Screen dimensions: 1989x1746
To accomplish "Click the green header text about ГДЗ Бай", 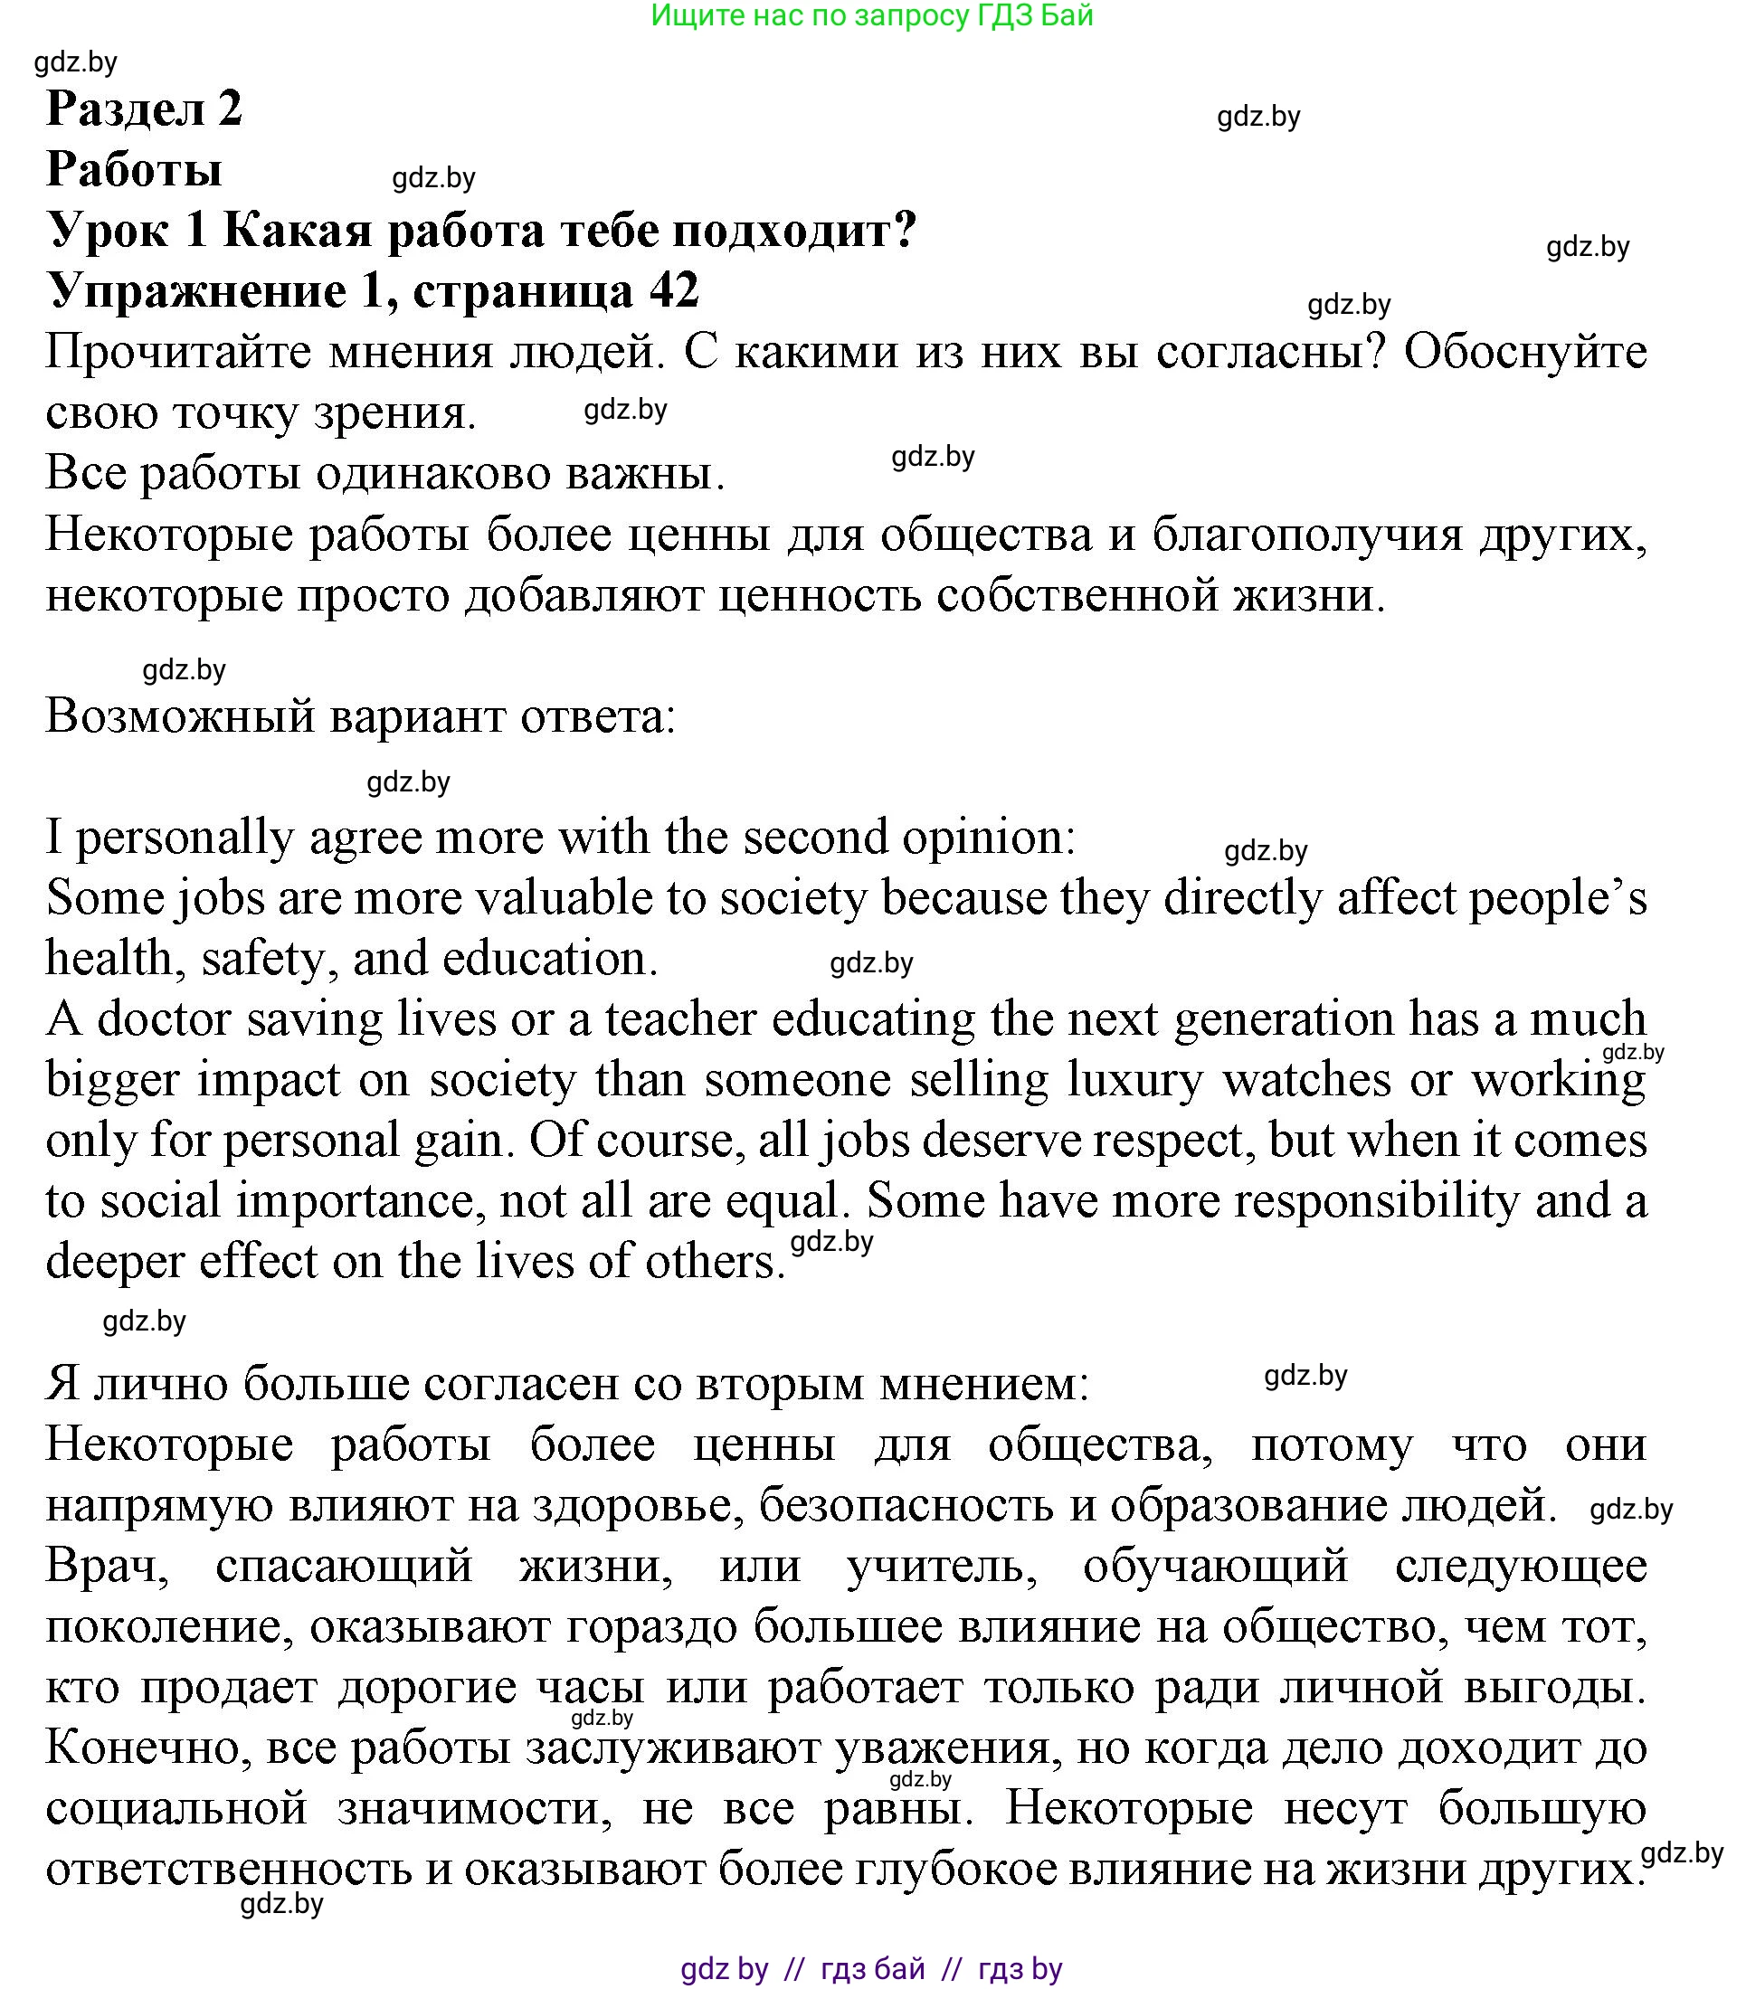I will [x=871, y=15].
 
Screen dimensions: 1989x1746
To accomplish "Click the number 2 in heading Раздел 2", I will [x=230, y=107].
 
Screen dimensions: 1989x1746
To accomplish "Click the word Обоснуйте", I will [x=1525, y=351].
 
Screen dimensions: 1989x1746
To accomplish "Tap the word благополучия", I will [x=1307, y=534].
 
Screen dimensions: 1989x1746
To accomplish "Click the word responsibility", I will [x=1376, y=1201].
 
